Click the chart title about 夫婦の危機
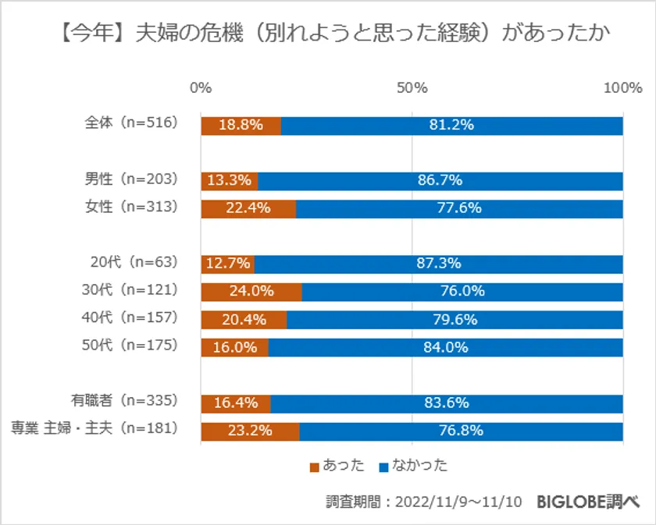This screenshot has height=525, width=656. click(327, 34)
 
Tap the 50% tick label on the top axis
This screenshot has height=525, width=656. click(412, 87)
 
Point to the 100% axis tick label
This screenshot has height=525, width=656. click(622, 87)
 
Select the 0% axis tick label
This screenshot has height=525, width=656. click(201, 87)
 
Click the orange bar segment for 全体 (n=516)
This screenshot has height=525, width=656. click(241, 126)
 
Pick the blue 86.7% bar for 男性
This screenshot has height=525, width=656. click(440, 181)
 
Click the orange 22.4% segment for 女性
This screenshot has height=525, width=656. click(248, 208)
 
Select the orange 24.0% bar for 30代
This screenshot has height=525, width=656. click(251, 291)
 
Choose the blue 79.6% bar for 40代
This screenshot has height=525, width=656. click(455, 319)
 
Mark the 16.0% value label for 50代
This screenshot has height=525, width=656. click(235, 347)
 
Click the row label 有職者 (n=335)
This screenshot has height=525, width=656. click(125, 402)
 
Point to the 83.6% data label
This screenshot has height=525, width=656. click(447, 403)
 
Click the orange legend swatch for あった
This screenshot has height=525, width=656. click(315, 466)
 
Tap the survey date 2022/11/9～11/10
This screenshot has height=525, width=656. click(457, 502)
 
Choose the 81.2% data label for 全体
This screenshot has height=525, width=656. click(452, 126)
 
